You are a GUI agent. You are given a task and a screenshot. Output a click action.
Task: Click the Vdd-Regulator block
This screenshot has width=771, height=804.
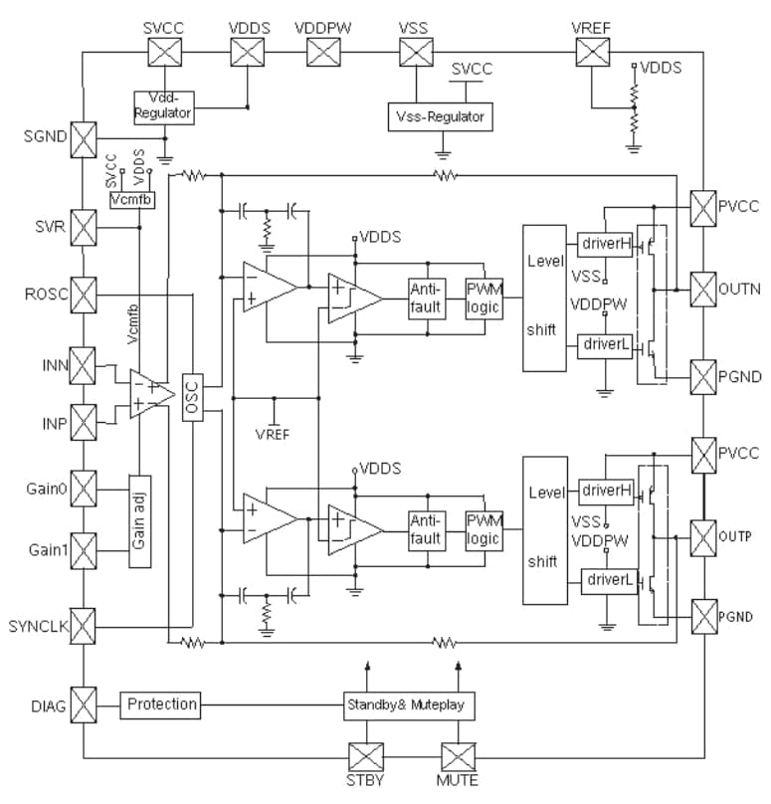[163, 107]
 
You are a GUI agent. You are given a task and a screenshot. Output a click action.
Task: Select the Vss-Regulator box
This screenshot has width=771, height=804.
[439, 117]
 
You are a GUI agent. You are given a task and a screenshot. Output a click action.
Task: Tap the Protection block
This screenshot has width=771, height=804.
[161, 704]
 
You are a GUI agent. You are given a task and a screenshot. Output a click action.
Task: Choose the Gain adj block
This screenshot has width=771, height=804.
[138, 519]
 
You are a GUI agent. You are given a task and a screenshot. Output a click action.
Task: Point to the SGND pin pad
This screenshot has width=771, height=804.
[84, 136]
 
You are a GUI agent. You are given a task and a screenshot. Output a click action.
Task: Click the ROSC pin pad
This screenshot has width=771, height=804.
[84, 295]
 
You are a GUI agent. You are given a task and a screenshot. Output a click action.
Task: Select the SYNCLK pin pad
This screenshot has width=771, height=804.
[84, 627]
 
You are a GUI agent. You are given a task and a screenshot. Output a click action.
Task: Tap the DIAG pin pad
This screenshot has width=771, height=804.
[84, 705]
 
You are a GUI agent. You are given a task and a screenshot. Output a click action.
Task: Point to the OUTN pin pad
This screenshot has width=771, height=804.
[703, 290]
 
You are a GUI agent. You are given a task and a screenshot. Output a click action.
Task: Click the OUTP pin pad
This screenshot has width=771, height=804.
[703, 536]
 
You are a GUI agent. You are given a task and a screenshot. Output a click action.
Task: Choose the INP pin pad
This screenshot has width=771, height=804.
[84, 422]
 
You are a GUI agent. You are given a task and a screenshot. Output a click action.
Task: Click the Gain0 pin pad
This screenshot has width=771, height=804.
[84, 490]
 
